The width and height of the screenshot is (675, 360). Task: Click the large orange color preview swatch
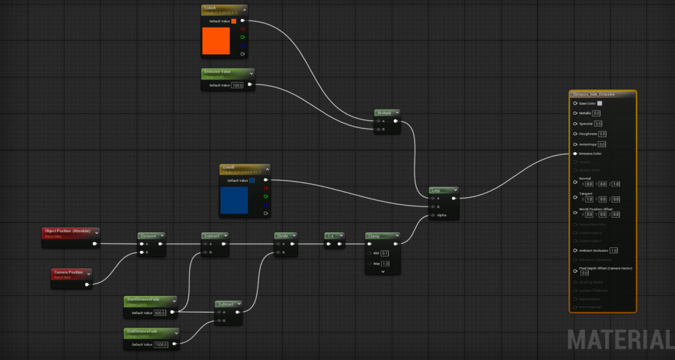[x=216, y=41]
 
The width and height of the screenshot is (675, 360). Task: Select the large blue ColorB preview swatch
[x=234, y=200]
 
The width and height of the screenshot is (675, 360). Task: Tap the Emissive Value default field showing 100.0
[x=237, y=85]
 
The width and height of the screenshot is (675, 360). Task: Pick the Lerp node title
[x=436, y=190]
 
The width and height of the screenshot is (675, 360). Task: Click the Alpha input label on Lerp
[x=442, y=215]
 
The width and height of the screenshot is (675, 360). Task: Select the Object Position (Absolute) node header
[x=67, y=231]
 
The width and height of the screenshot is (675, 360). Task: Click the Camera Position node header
[x=68, y=272]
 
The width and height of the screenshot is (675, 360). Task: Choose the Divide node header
[x=282, y=235]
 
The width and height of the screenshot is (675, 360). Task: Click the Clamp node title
[x=374, y=235]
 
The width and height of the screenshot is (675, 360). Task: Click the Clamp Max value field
[x=385, y=264]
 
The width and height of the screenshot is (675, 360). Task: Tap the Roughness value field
[x=602, y=134]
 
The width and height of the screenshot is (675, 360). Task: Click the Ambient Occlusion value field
[x=614, y=251]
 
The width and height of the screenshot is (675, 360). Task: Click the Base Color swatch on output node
[x=599, y=104]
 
